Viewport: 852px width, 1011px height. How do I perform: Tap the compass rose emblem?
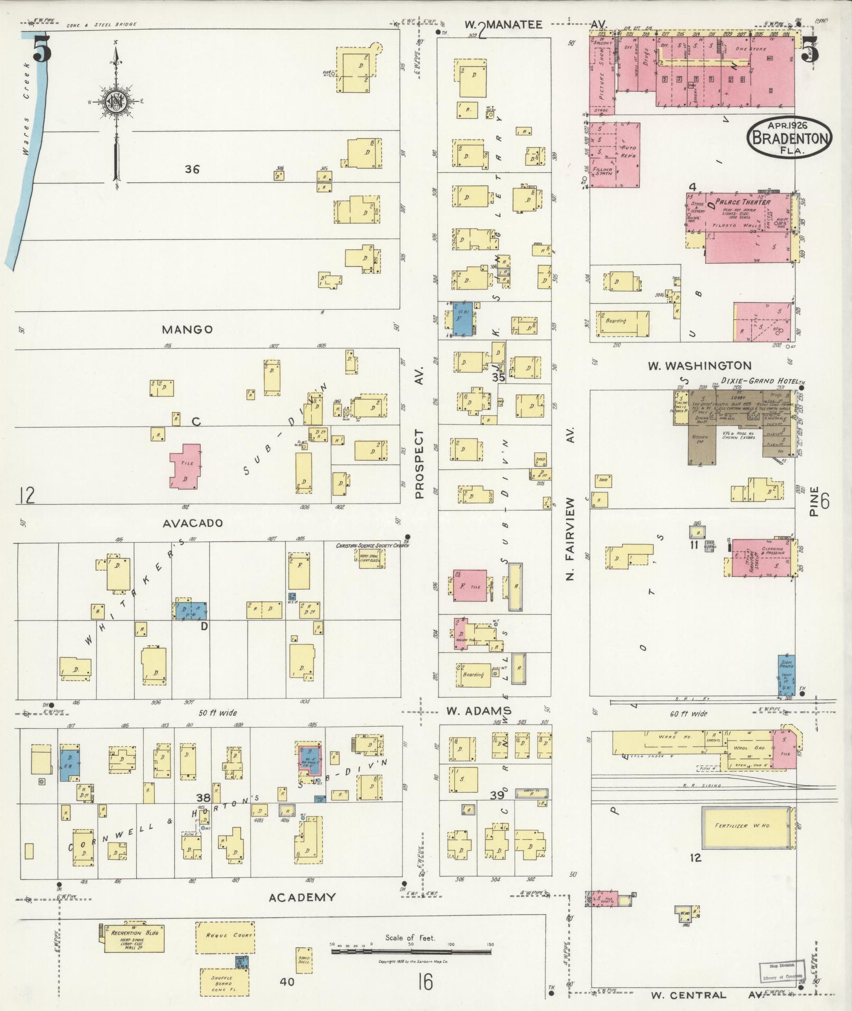(115, 100)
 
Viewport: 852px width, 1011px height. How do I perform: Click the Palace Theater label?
(742, 201)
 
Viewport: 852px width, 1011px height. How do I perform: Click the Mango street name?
(187, 330)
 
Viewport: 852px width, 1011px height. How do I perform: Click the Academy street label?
(302, 897)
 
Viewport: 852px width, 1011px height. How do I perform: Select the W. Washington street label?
(699, 365)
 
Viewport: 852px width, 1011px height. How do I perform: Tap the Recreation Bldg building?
(131, 938)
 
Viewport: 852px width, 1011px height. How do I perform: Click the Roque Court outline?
(224, 937)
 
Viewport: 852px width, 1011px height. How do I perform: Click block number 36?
(192, 170)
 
